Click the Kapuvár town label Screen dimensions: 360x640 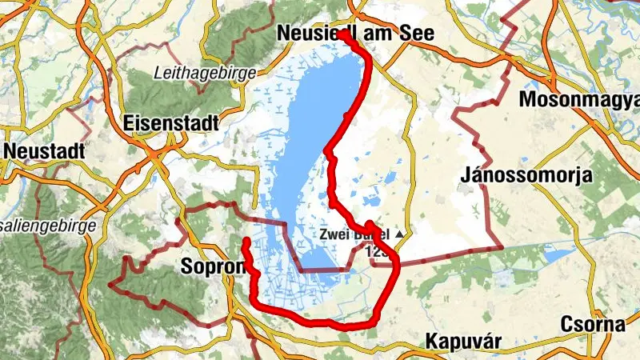tap(463, 341)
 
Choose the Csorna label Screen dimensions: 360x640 tap(593, 325)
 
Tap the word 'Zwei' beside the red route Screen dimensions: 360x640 tap(334, 235)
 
